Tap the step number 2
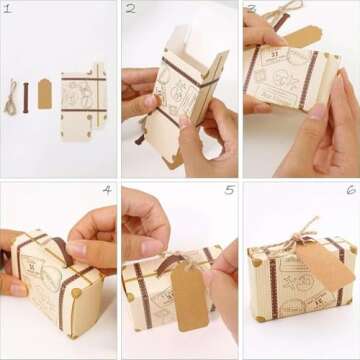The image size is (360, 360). pyautogui.click(x=130, y=10)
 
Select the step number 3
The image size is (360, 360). pyautogui.click(x=251, y=10)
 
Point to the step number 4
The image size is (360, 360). pyautogui.click(x=107, y=190)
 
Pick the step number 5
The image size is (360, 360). pyautogui.click(x=229, y=190)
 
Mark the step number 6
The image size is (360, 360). pyautogui.click(x=350, y=190)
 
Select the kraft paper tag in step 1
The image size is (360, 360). pyautogui.click(x=45, y=94)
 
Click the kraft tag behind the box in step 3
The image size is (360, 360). pyautogui.click(x=300, y=36)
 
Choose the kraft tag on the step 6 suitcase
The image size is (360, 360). pyautogui.click(x=325, y=264)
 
